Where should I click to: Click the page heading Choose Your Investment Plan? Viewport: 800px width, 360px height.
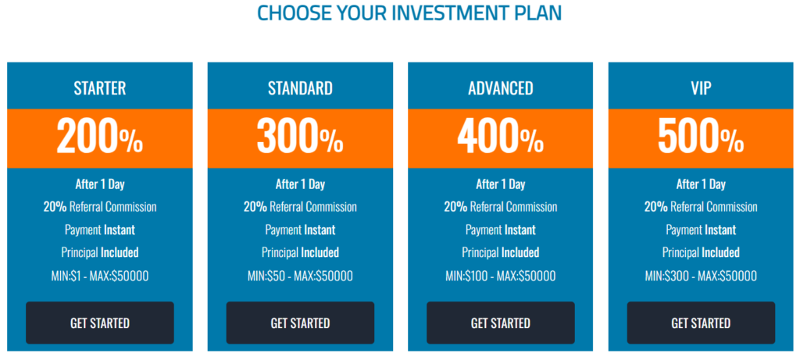(409, 12)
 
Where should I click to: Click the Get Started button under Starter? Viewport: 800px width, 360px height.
(100, 323)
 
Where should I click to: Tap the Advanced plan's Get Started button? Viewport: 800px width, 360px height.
(501, 323)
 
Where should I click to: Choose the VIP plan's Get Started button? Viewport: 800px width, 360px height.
(701, 323)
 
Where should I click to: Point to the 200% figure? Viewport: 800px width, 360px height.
(100, 137)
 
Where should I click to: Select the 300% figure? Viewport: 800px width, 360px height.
(300, 137)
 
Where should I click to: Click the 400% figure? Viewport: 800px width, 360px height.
(501, 137)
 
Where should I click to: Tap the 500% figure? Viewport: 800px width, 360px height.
(701, 137)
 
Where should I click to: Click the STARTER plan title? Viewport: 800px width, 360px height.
(100, 89)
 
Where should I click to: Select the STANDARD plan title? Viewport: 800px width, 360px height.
(300, 89)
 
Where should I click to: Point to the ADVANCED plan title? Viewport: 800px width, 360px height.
(501, 89)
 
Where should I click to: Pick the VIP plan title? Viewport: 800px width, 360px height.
(701, 89)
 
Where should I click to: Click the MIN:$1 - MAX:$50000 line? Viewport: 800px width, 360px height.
(100, 276)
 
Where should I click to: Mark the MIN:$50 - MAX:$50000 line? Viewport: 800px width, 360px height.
(300, 276)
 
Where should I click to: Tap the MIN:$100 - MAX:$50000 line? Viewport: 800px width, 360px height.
(501, 276)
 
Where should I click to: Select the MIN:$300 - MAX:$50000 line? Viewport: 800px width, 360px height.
(701, 276)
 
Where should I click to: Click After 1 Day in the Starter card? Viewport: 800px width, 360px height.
(100, 184)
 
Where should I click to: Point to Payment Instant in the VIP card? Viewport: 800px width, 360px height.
(701, 230)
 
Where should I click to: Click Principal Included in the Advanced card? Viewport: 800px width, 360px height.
(501, 252)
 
